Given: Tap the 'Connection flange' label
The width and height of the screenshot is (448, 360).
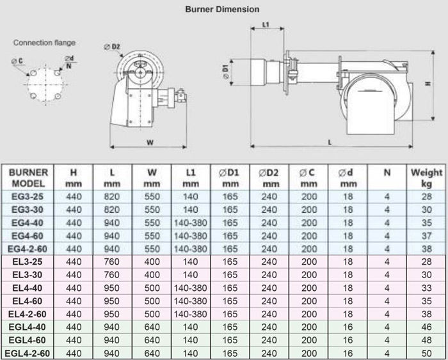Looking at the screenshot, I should (x=45, y=43).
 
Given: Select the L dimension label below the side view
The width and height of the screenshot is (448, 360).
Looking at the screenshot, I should (x=330, y=142).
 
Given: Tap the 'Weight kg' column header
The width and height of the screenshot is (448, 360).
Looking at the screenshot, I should (x=426, y=177).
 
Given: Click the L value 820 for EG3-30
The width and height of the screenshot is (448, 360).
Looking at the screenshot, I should (x=112, y=209).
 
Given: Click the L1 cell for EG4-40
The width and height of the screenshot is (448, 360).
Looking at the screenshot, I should (x=190, y=223).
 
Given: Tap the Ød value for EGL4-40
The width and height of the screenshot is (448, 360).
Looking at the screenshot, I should (x=348, y=327).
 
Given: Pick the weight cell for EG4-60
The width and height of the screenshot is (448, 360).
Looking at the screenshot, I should (x=426, y=236).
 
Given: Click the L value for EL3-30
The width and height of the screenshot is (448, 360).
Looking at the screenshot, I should (x=112, y=275).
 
